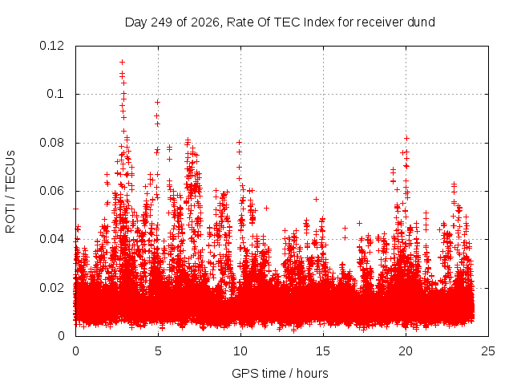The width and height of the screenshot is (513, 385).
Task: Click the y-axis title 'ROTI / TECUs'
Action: point(10,192)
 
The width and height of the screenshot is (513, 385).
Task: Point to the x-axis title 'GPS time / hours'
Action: point(280,374)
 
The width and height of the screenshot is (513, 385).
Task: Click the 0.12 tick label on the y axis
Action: point(51,46)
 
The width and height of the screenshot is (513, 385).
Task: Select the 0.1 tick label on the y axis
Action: point(55,94)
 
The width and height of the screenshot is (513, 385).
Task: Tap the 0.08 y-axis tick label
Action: point(51,143)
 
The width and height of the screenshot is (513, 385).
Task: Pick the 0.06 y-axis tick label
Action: point(51,191)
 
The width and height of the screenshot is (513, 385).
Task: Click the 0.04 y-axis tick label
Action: point(51,239)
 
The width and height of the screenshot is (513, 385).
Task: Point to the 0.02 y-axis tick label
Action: point(51,288)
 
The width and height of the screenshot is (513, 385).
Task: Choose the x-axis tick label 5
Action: point(159,351)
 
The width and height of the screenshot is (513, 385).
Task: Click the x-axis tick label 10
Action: point(240,351)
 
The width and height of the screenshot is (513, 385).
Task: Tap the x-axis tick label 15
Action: point(323,351)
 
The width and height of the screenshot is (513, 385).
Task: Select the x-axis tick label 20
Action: point(406,351)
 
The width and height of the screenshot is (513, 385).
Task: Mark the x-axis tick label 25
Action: point(488,351)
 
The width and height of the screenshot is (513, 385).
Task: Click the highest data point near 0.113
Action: point(123,62)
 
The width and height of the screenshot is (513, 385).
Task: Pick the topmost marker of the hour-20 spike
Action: point(406,139)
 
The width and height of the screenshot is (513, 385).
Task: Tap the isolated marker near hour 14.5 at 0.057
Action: point(316,199)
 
